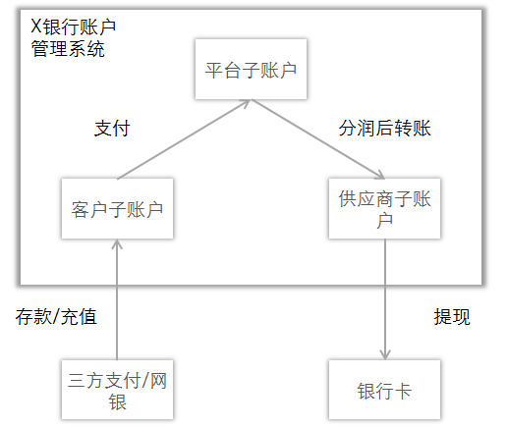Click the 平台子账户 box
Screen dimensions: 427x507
click(x=252, y=71)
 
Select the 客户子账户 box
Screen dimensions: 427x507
click(x=117, y=208)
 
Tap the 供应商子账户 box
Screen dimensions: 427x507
click(x=385, y=208)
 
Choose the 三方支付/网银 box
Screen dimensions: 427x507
click(x=117, y=390)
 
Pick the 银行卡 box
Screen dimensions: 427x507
click(x=384, y=390)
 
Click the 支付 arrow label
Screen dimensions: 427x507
click(x=112, y=129)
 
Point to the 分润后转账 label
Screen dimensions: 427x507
click(x=385, y=129)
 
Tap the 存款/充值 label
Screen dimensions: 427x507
click(x=56, y=317)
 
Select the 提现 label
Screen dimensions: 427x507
click(x=452, y=317)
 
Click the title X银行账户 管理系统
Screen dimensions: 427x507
click(x=68, y=36)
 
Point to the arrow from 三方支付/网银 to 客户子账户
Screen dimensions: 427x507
click(x=117, y=299)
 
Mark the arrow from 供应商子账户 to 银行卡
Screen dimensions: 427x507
click(x=385, y=299)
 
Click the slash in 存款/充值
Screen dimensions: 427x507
click(x=57, y=317)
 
